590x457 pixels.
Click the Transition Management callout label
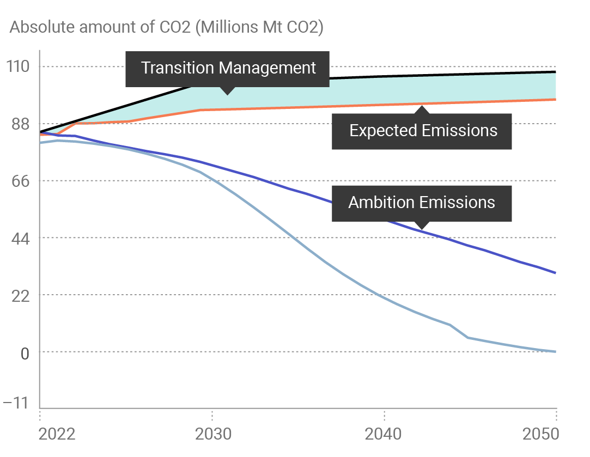[x=228, y=69]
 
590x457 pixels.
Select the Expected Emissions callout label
[x=423, y=131]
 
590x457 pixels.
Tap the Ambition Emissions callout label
[x=422, y=203]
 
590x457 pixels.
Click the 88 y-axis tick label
[x=18, y=124]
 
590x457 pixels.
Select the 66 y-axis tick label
[x=18, y=181]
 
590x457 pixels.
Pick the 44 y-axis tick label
[x=18, y=238]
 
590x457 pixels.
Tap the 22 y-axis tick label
[x=18, y=295]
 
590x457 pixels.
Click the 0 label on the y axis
[x=24, y=352]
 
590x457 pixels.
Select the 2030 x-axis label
[x=212, y=434]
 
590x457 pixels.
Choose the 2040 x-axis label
[x=384, y=434]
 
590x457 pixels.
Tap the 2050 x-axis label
[x=542, y=434]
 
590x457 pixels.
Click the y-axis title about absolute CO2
[x=167, y=28]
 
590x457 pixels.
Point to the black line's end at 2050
[x=556, y=71]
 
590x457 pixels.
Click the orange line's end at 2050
[x=556, y=99]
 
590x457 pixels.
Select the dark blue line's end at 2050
[x=556, y=273]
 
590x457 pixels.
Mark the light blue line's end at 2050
[x=556, y=351]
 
